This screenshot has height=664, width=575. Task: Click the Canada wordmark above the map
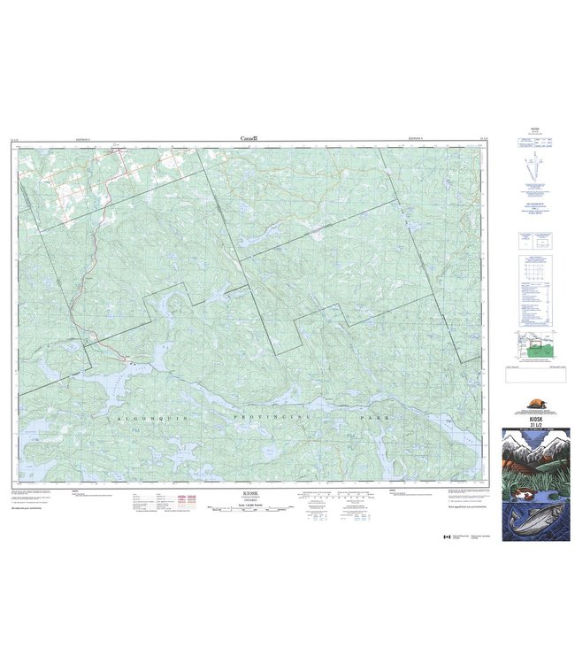pos(249,138)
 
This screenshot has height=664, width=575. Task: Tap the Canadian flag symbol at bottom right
pos(447,537)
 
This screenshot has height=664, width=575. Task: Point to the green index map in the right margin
pos(534,348)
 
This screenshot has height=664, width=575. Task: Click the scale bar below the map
pos(250,508)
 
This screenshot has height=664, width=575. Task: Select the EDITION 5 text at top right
pos(416,138)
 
